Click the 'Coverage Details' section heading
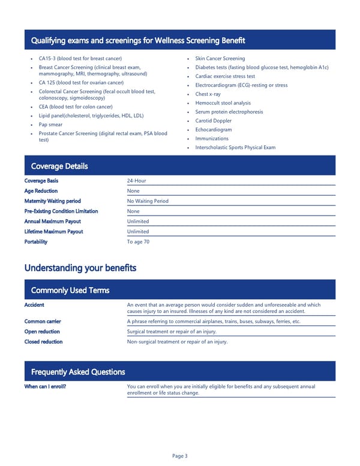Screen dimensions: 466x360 [59, 166]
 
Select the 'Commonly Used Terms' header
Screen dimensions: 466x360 [70, 291]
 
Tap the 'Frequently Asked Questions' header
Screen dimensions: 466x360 [77, 372]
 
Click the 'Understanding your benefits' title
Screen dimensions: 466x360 [80, 267]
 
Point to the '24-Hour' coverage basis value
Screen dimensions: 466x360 [136, 181]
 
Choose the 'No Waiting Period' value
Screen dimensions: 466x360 [148, 201]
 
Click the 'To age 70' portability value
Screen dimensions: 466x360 [138, 242]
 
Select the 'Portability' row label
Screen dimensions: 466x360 [36, 242]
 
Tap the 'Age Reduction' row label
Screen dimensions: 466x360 [41, 191]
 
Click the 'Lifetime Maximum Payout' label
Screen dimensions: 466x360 [53, 232]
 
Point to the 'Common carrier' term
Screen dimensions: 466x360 [42, 321]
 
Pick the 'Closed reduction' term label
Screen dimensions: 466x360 [43, 342]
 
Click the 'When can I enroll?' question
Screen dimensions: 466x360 [45, 386]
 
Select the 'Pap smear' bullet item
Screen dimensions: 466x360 [50, 124]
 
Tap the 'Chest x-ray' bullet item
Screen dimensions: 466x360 [208, 94]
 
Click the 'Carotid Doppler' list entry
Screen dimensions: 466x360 [213, 121]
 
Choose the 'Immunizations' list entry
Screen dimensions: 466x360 [212, 139]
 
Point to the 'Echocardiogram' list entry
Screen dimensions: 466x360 [213, 130]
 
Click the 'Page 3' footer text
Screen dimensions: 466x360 [180, 456]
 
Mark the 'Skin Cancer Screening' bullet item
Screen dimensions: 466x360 [220, 58]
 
